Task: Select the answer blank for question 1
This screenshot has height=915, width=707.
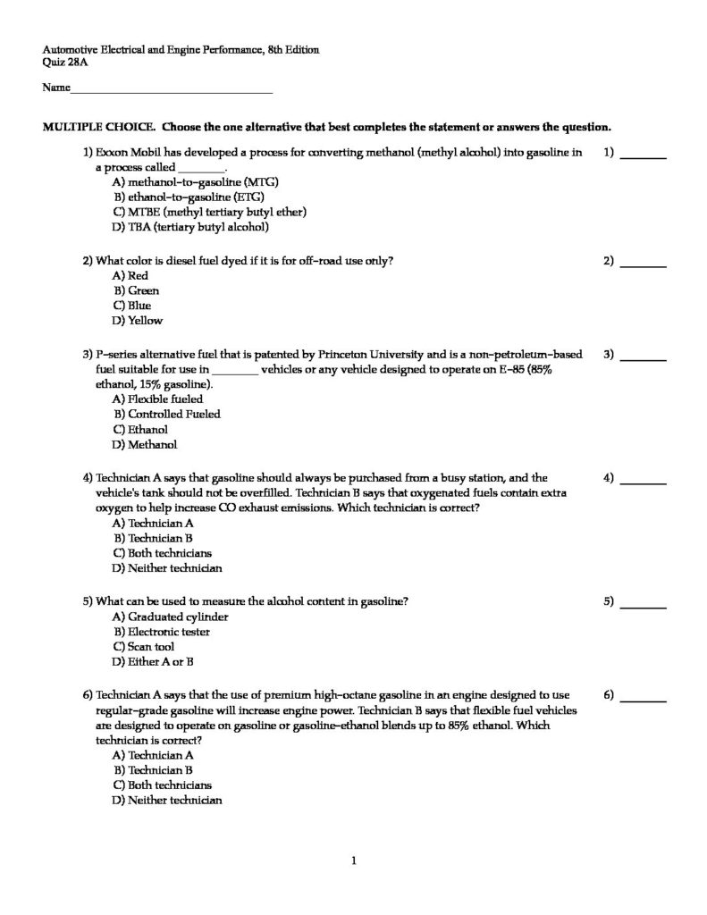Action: point(644,155)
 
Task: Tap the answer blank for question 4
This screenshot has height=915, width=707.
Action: point(644,481)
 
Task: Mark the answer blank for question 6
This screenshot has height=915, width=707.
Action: point(644,697)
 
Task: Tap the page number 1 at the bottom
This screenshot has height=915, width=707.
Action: point(355,861)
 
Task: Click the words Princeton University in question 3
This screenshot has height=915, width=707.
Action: point(370,353)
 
